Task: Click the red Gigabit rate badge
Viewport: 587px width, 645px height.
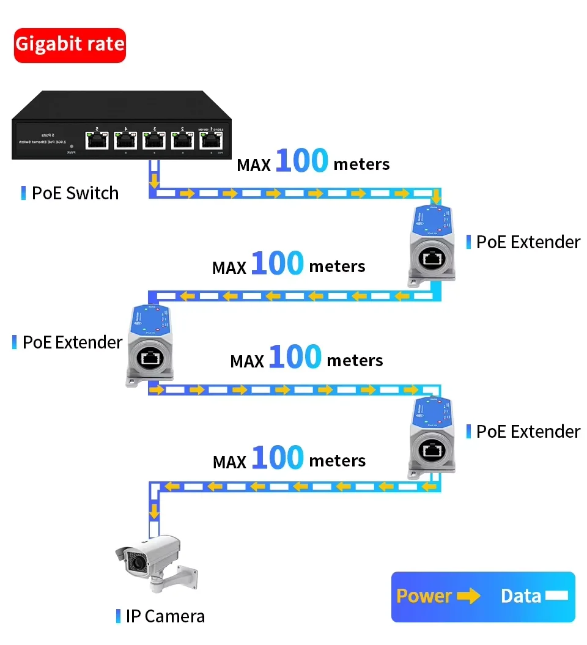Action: click(x=70, y=45)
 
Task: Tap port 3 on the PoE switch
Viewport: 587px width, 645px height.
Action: click(x=153, y=140)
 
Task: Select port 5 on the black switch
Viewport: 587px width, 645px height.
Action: click(x=96, y=140)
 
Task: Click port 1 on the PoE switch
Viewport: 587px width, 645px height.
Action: click(x=211, y=140)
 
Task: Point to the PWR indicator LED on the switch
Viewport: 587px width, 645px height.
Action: click(x=72, y=147)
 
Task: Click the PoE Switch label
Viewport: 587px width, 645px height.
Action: click(x=75, y=193)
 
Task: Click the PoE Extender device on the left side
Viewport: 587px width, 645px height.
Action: click(x=149, y=345)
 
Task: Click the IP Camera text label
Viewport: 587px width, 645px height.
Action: click(x=165, y=616)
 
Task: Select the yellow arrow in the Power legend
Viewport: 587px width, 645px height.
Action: click(x=468, y=596)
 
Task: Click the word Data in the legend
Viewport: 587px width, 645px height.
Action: click(x=521, y=596)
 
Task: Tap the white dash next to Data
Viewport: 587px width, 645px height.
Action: click(x=557, y=595)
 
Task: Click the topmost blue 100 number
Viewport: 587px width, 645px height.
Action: click(x=301, y=160)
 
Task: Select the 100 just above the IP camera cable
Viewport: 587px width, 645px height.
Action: click(x=277, y=457)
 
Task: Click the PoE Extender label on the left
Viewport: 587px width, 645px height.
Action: click(x=72, y=342)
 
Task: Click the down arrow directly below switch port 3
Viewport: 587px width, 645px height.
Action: click(x=154, y=180)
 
